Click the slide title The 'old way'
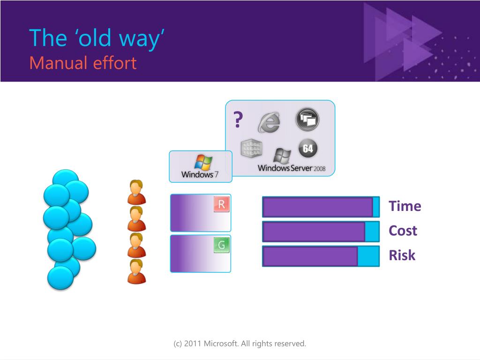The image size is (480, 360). [x=97, y=38]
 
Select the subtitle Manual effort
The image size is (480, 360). [x=83, y=63]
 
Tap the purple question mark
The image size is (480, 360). [x=238, y=120]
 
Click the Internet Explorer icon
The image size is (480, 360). [x=269, y=122]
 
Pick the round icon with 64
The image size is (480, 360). [x=308, y=149]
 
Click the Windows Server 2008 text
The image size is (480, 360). [x=292, y=168]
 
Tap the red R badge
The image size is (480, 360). [x=222, y=204]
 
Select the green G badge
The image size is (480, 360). [x=222, y=245]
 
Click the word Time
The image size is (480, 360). [x=405, y=206]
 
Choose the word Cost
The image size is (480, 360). [x=403, y=231]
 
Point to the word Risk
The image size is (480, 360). [x=402, y=255]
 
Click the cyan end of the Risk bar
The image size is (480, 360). [x=368, y=256]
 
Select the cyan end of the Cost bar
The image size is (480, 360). [x=372, y=232]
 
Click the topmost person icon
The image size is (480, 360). [x=136, y=192]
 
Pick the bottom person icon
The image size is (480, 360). [x=136, y=271]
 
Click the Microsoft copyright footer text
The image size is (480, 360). [x=240, y=344]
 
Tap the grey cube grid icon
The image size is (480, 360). [x=252, y=149]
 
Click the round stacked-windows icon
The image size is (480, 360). [x=307, y=119]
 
